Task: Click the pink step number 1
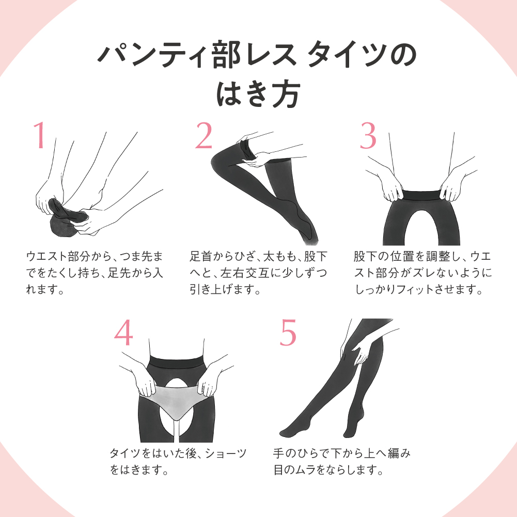point(40,135)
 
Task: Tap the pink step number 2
point(204,135)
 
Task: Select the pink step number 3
point(368,135)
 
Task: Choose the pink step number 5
point(288,333)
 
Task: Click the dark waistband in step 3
point(421,195)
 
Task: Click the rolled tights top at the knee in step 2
point(246,150)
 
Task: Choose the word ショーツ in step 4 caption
point(226,453)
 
